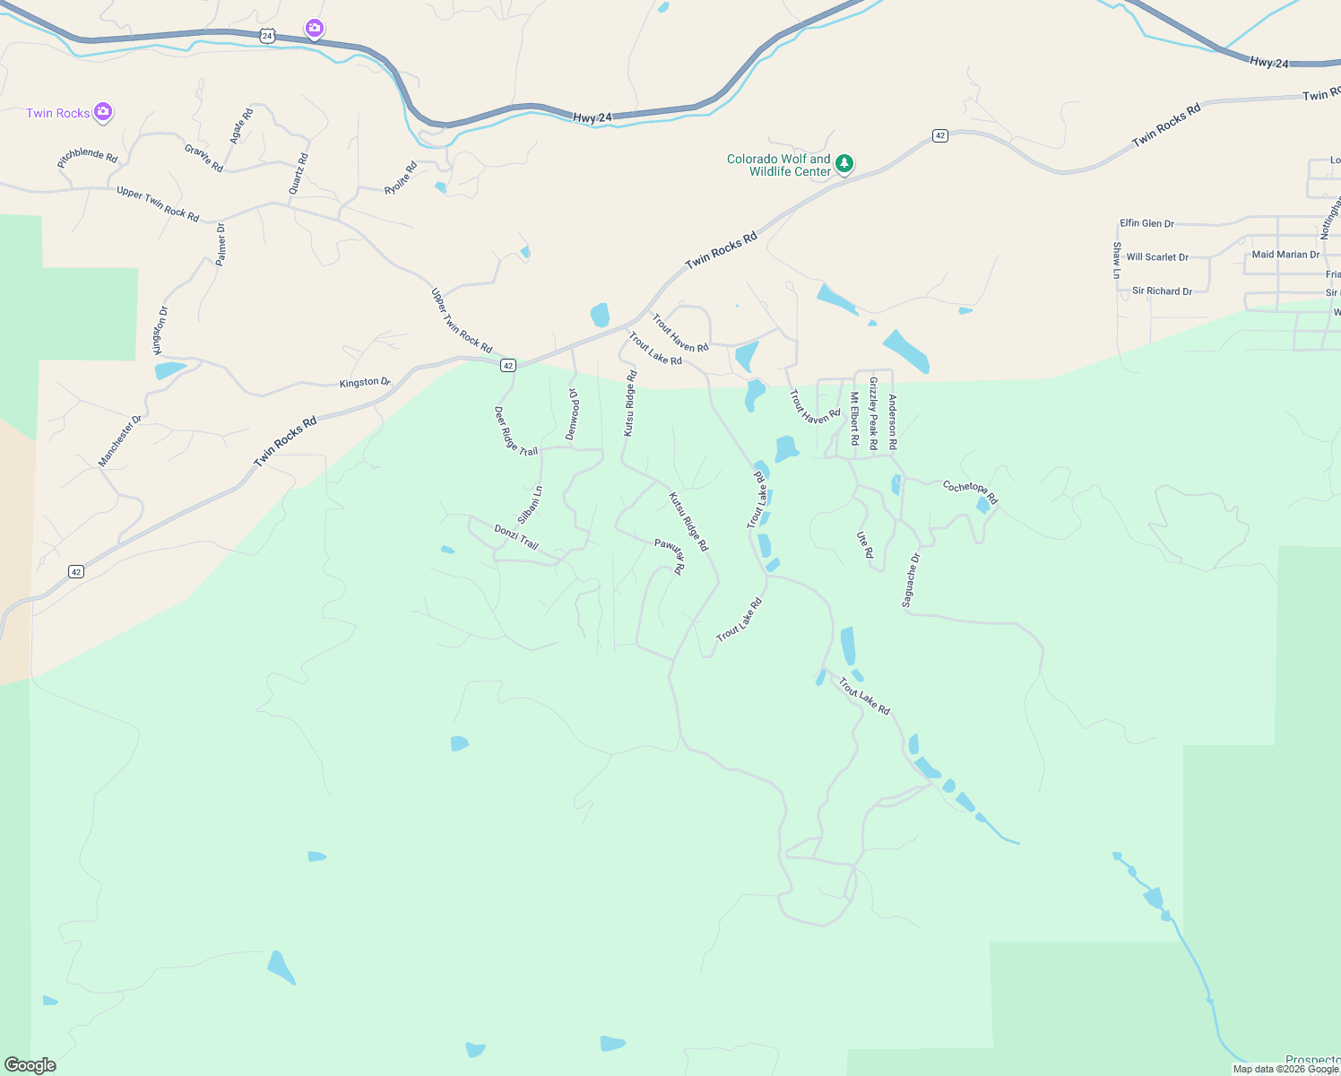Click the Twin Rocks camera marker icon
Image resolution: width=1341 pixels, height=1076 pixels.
click(103, 112)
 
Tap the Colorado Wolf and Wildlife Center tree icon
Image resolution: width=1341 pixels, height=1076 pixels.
click(844, 164)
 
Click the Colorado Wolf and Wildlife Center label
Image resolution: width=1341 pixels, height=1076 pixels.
click(779, 165)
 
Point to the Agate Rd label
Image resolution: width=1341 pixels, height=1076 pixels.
click(241, 126)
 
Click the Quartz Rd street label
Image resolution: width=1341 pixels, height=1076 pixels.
click(298, 174)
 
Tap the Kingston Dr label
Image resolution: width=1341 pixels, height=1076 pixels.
click(365, 383)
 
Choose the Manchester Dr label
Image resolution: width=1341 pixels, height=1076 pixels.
click(120, 440)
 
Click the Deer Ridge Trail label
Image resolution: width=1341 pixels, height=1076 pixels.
click(515, 431)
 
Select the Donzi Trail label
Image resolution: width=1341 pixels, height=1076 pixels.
click(516, 537)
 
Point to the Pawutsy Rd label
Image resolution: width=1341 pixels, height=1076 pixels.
click(670, 556)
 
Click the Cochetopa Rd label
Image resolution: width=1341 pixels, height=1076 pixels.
click(970, 491)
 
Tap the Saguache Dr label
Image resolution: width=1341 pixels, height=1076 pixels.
click(911, 580)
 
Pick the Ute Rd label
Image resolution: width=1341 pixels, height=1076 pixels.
click(865, 544)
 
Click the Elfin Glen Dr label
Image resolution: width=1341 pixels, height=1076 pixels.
click(1146, 223)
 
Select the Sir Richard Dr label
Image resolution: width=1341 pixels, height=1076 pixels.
click(1162, 291)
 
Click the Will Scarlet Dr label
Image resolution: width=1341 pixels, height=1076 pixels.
click(1157, 257)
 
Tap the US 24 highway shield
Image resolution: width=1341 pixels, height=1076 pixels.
click(266, 35)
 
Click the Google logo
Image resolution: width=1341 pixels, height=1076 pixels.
click(30, 1065)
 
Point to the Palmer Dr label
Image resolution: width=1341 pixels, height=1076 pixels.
click(221, 244)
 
